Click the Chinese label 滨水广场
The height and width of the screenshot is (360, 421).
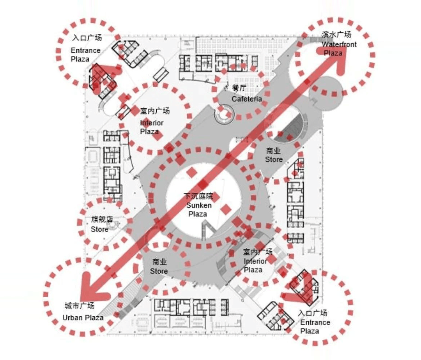337,35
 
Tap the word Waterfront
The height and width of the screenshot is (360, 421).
339,44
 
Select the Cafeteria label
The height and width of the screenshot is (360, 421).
247,99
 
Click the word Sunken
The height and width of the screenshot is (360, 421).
199,205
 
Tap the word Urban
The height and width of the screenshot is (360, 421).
72,318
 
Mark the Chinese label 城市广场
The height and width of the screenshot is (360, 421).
80,306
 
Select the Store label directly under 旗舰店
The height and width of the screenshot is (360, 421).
100,229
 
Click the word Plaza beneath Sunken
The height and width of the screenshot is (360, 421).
198,214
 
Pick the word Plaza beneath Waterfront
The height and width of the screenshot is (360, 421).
333,53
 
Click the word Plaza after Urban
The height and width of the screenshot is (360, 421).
94,318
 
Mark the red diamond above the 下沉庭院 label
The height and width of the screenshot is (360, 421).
191,172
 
